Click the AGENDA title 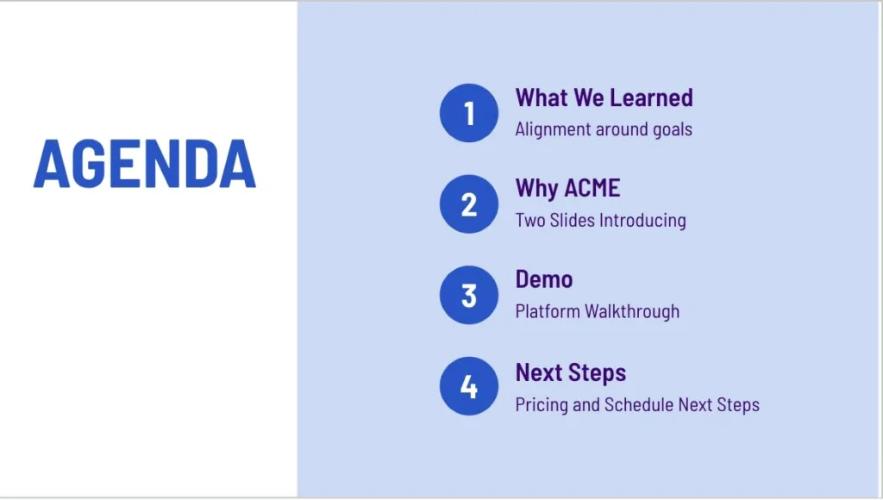coord(145,163)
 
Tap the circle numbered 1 coord(469,113)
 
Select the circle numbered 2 coord(469,203)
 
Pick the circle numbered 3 coord(469,295)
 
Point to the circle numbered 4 coord(469,386)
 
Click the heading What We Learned coord(604,97)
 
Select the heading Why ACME coord(567,189)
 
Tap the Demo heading coord(544,279)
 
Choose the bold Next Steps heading coord(571,373)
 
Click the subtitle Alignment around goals coord(604,129)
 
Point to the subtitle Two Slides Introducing coord(601,220)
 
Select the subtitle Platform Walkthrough coord(598,311)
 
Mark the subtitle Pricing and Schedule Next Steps coord(637,405)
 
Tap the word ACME coord(592,188)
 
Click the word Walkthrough coord(632,311)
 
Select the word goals coord(673,130)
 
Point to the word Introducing coord(643,220)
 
